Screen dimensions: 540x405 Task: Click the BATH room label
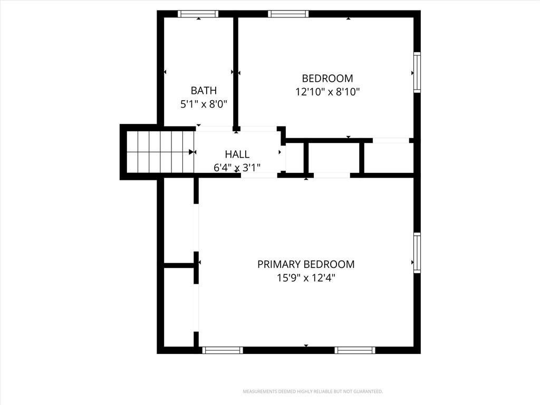point(204,91)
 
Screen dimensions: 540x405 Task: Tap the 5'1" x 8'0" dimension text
point(204,104)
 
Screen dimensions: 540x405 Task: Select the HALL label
point(237,155)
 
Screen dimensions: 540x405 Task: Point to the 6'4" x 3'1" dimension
point(237,168)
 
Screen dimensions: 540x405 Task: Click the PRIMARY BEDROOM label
point(306,265)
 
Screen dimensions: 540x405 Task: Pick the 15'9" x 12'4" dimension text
point(306,278)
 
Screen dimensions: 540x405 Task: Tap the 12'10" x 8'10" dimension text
point(327,92)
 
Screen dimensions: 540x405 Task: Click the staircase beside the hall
point(160,152)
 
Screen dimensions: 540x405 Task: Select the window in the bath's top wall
point(198,14)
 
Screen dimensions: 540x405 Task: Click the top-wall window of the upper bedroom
point(288,14)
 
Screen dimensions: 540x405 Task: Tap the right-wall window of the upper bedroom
point(417,72)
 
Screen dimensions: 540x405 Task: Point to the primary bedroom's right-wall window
point(417,253)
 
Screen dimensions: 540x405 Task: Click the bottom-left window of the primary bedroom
point(223,350)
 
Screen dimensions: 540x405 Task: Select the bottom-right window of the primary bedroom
point(355,350)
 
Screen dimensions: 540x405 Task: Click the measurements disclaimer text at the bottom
point(313,392)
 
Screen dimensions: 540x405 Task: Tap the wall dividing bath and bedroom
point(236,73)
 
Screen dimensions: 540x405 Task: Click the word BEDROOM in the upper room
point(327,79)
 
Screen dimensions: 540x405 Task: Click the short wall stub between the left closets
point(179,265)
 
